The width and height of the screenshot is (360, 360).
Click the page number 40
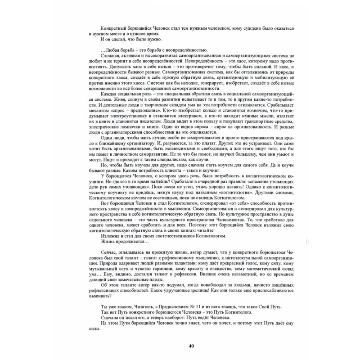191,346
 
